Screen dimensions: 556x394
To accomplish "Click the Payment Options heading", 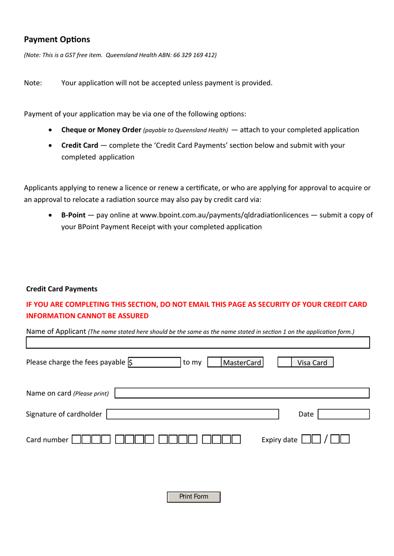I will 57,39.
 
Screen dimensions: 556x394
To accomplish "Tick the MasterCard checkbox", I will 214,363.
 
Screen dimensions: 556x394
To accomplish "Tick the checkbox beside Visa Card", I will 284,363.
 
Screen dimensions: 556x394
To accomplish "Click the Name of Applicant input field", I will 197,343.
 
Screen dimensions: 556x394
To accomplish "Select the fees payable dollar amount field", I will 154,363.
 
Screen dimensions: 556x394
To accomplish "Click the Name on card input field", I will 242,393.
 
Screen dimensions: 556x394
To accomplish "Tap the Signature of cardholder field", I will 192,414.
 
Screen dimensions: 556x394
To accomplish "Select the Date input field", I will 343,414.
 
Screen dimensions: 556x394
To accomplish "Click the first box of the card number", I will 76,439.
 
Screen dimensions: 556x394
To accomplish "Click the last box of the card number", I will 236,439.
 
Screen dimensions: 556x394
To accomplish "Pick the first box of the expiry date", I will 306,439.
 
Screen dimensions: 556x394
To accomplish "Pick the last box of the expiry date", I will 345,439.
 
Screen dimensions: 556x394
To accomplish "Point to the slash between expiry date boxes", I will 326,439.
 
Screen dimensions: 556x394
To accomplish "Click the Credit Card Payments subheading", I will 62,289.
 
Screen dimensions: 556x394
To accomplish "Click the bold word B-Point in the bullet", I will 73,215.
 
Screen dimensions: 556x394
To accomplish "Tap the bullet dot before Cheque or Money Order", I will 50,130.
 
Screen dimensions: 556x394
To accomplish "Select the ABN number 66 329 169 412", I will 194,55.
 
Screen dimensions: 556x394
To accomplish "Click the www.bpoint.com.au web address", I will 224,215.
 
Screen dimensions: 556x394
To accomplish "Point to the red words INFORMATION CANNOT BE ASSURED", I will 87,316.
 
